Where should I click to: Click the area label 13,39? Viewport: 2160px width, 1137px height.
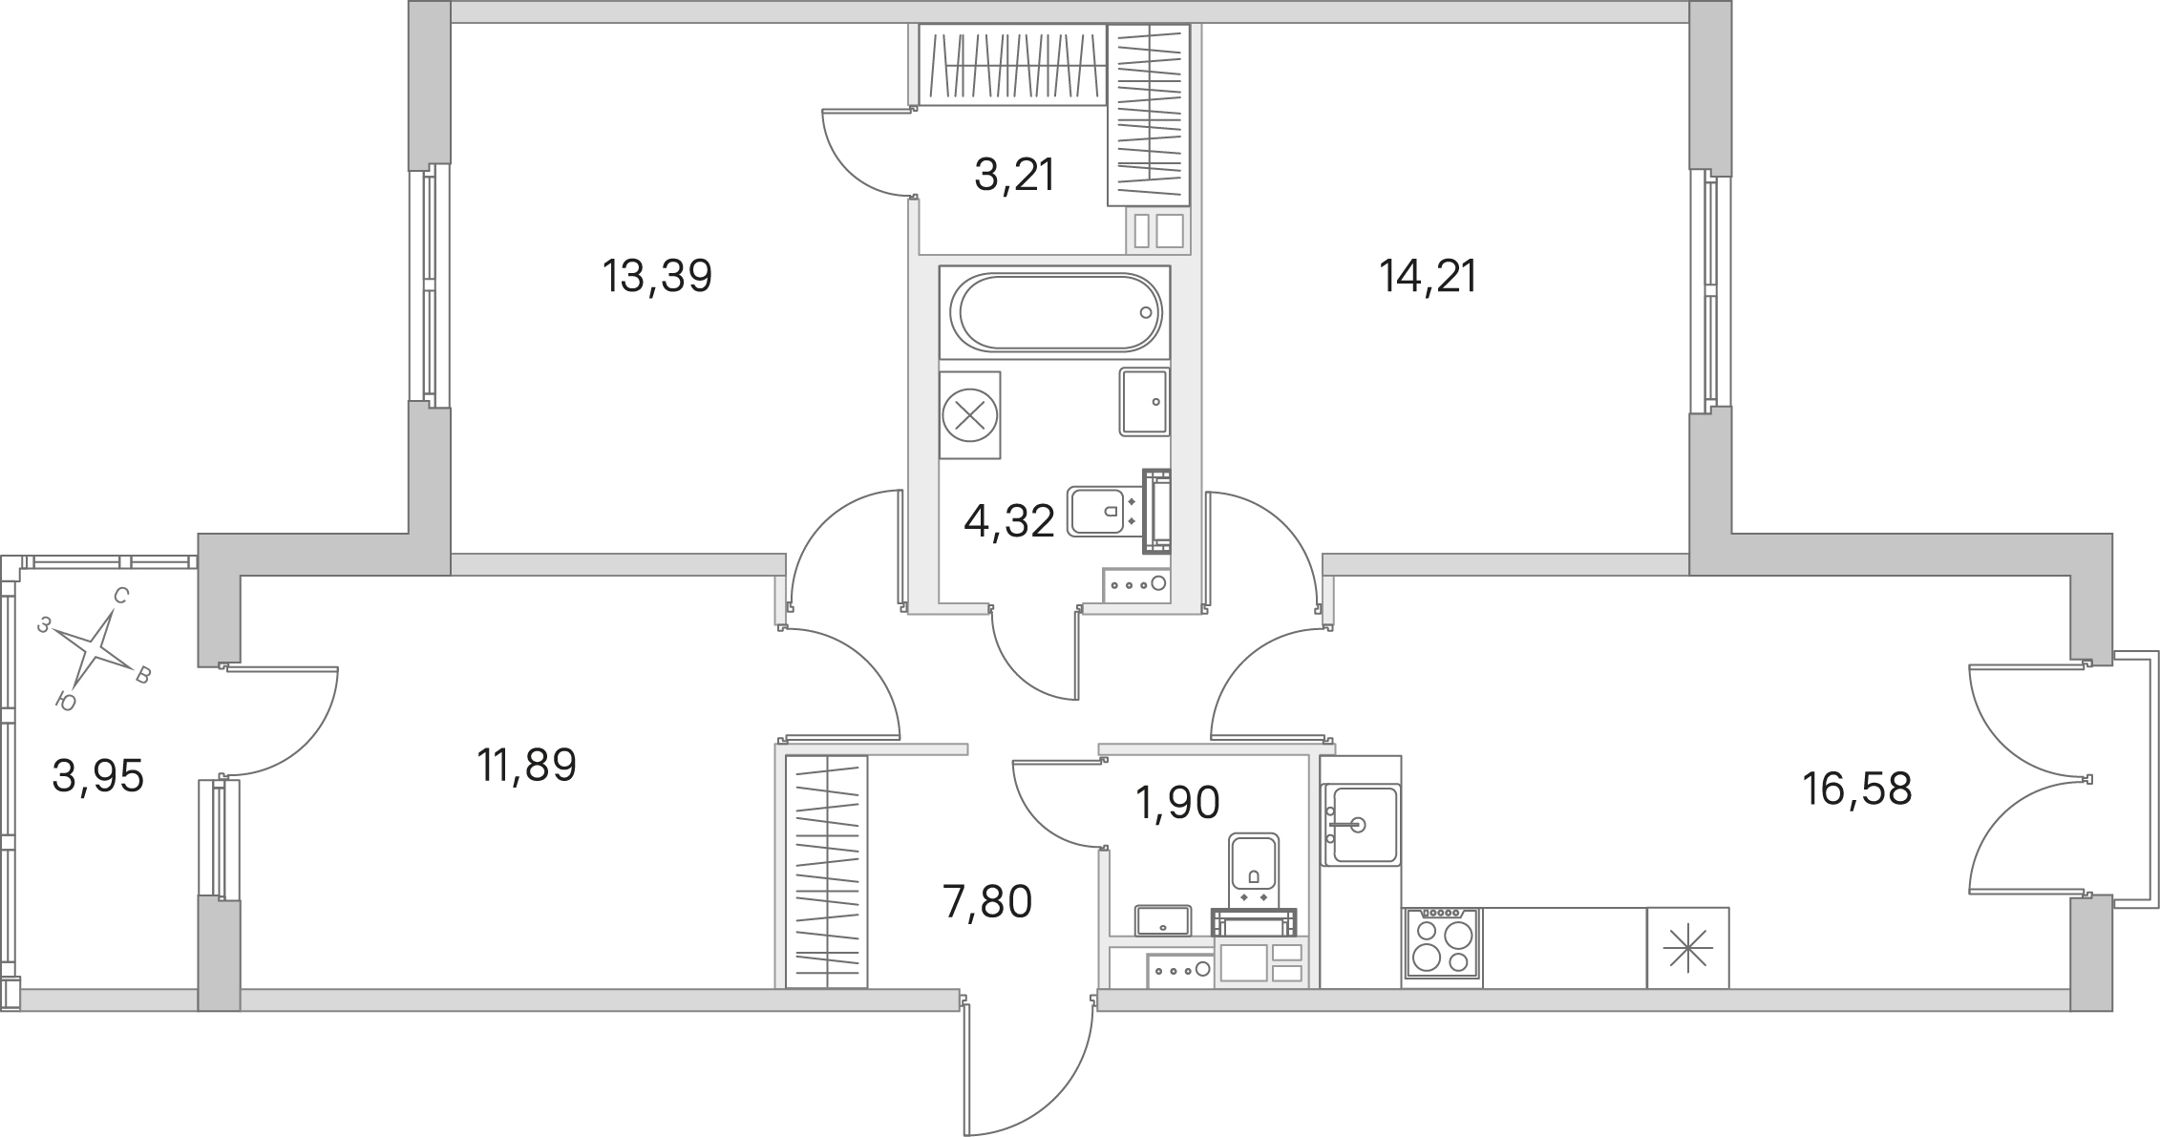[x=658, y=277]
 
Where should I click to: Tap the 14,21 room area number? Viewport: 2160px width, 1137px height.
[x=1429, y=277]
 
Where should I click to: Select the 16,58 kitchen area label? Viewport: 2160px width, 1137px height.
[x=1857, y=790]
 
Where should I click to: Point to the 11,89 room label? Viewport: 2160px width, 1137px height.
[x=527, y=766]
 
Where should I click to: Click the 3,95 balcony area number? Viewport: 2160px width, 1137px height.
[x=98, y=776]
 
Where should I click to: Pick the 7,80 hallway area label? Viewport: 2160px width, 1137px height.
[x=987, y=901]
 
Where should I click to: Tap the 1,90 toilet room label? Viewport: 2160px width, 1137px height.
[x=1177, y=803]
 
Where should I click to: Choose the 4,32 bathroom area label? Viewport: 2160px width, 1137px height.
[x=1009, y=521]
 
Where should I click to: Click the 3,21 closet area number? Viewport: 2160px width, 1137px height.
[x=1014, y=176]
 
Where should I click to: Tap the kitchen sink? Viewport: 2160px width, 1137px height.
[x=1361, y=825]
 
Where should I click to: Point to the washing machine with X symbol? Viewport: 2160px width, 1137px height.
[x=970, y=415]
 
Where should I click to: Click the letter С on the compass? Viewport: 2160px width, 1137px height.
[x=121, y=597]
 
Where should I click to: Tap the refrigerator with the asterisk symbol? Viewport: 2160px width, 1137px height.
[x=1688, y=947]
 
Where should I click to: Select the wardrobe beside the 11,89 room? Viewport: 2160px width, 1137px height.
[x=827, y=872]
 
